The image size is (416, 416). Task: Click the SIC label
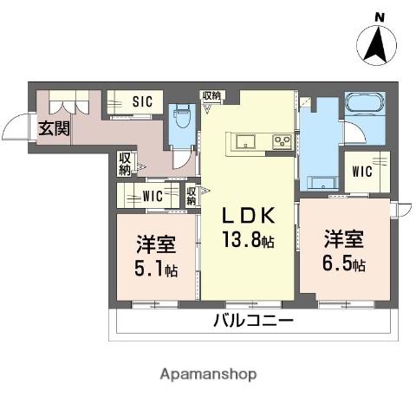pos(142,101)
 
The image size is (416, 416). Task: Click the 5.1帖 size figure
pos(157,268)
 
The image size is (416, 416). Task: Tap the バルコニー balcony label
pos(253,322)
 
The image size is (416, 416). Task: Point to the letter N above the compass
pos(379,17)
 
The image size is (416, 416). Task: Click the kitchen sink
pos(241,140)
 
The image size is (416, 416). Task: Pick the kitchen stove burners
pos(282,140)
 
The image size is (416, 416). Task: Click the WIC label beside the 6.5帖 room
pos(361,171)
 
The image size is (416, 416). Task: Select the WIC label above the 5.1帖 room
pos(153,194)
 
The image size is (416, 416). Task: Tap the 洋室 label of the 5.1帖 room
pos(156,244)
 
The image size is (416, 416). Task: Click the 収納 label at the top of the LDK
pos(211,96)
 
